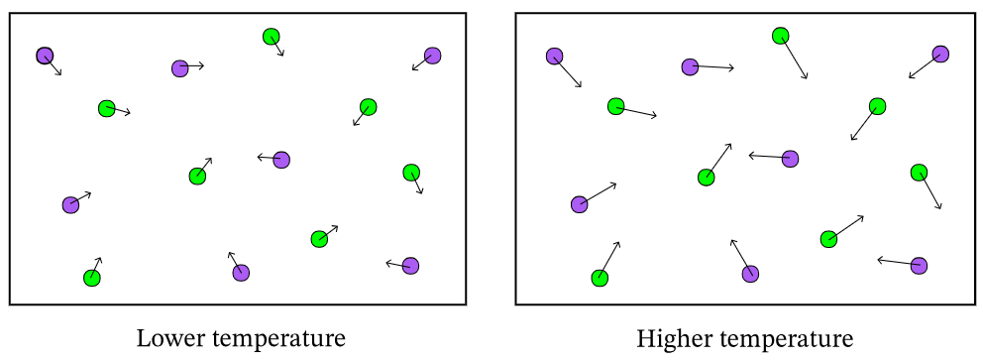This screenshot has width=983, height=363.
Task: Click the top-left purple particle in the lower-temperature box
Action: [46, 56]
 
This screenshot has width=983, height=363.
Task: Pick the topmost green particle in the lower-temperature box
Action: [271, 37]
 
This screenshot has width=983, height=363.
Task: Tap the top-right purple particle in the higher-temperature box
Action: [940, 55]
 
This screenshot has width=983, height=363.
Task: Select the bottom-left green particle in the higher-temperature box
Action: [600, 278]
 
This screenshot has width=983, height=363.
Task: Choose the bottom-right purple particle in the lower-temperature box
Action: [410, 266]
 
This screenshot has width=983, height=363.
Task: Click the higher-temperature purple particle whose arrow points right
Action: [691, 67]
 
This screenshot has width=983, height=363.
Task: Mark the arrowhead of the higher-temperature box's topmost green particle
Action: [807, 77]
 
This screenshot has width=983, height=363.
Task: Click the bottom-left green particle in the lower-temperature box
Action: [92, 278]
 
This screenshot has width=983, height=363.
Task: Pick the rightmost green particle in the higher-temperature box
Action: [919, 173]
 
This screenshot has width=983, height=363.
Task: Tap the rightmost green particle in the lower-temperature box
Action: [411, 173]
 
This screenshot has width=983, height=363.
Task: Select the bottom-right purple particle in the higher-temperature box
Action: [919, 266]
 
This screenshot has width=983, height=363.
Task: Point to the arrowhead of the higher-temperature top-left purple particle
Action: [580, 85]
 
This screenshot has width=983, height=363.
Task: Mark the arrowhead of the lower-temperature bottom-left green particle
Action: [99, 260]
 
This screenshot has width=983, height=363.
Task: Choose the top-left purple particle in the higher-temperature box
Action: [554, 57]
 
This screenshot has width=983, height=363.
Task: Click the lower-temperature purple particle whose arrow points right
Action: [180, 68]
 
